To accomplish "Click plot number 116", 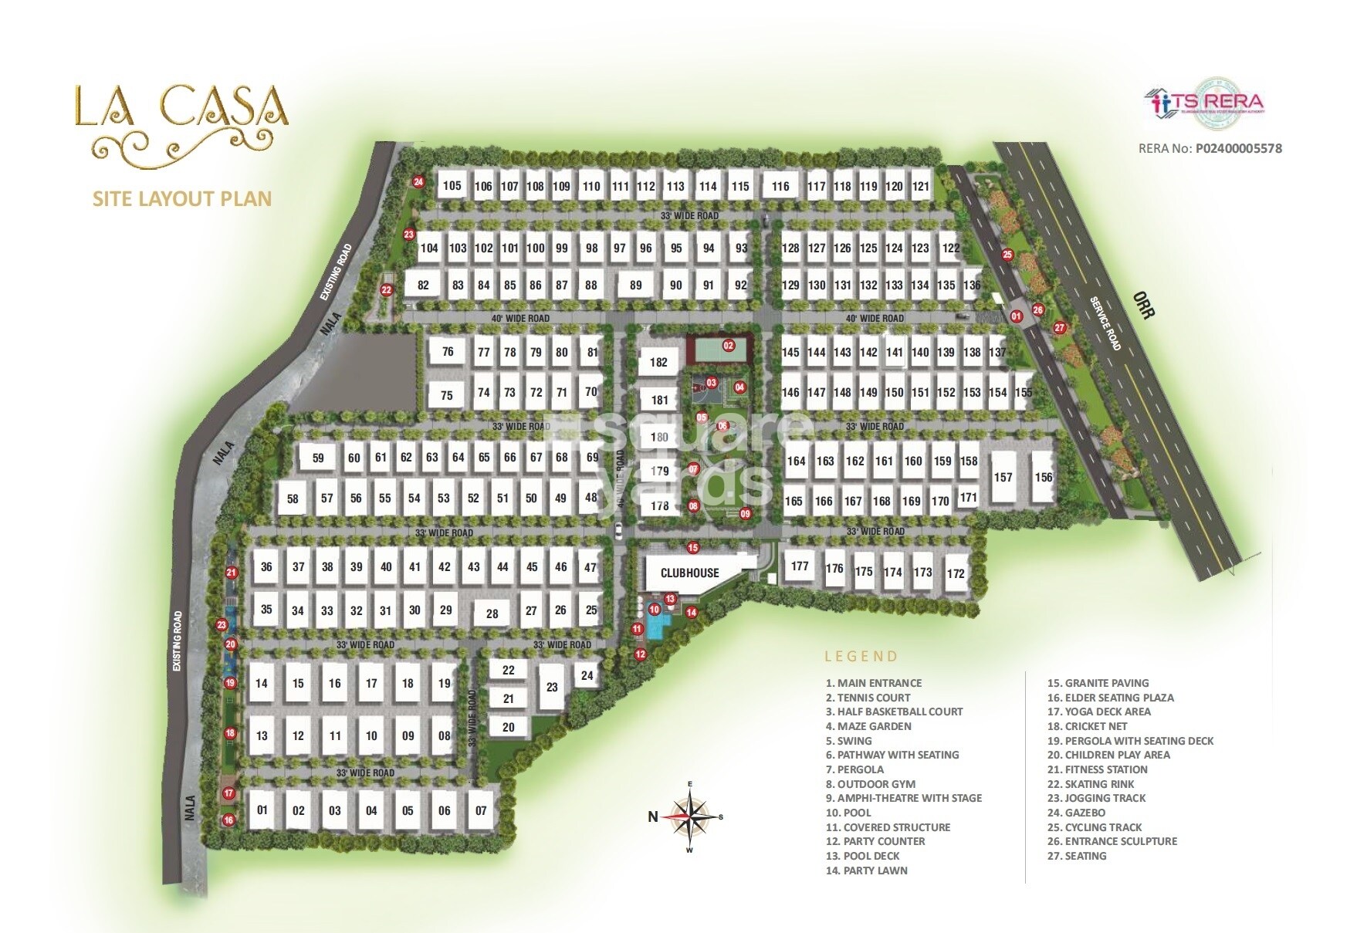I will pyautogui.click(x=780, y=186).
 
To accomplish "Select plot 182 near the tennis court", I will pyautogui.click(x=658, y=362).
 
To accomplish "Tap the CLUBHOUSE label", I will pyautogui.click(x=689, y=573).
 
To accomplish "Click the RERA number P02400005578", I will pyautogui.click(x=1238, y=148).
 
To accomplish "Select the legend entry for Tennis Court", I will pyautogui.click(x=868, y=698).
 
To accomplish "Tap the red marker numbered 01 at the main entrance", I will pyautogui.click(x=1016, y=316).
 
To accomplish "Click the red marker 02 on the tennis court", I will pyautogui.click(x=728, y=345).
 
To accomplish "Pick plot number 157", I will pyautogui.click(x=1003, y=477).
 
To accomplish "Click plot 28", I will pyautogui.click(x=492, y=614).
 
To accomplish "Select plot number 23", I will pyautogui.click(x=552, y=687).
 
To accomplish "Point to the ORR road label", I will pyautogui.click(x=1143, y=305).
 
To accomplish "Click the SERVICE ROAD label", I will pyautogui.click(x=1105, y=323).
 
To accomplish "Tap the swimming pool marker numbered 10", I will pyautogui.click(x=655, y=610).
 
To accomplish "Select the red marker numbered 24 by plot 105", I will pyautogui.click(x=418, y=183).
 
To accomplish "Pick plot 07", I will pyautogui.click(x=481, y=810).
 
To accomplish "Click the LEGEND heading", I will pyautogui.click(x=861, y=657).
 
